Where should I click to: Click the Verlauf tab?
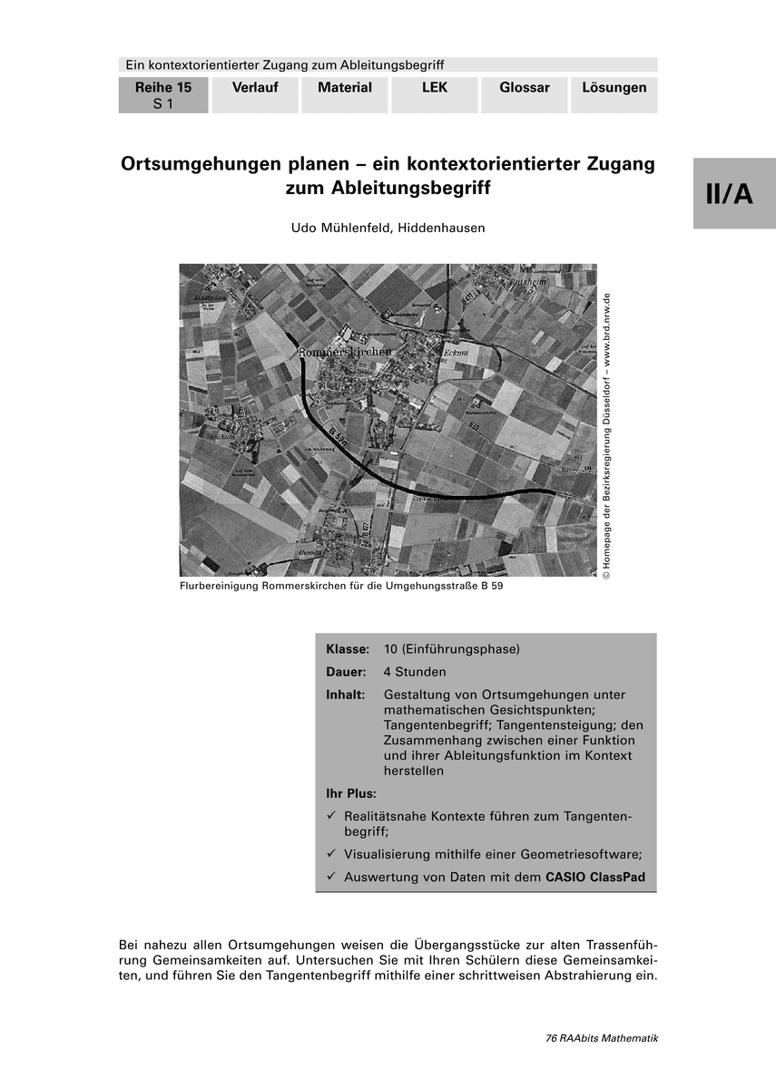click(254, 88)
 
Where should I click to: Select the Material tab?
click(345, 88)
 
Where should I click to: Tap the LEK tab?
click(435, 88)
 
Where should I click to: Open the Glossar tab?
click(525, 88)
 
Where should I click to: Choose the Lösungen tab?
click(614, 88)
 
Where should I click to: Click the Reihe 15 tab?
click(163, 94)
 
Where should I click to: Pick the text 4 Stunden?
click(415, 673)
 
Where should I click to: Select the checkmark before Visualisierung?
click(331, 854)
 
